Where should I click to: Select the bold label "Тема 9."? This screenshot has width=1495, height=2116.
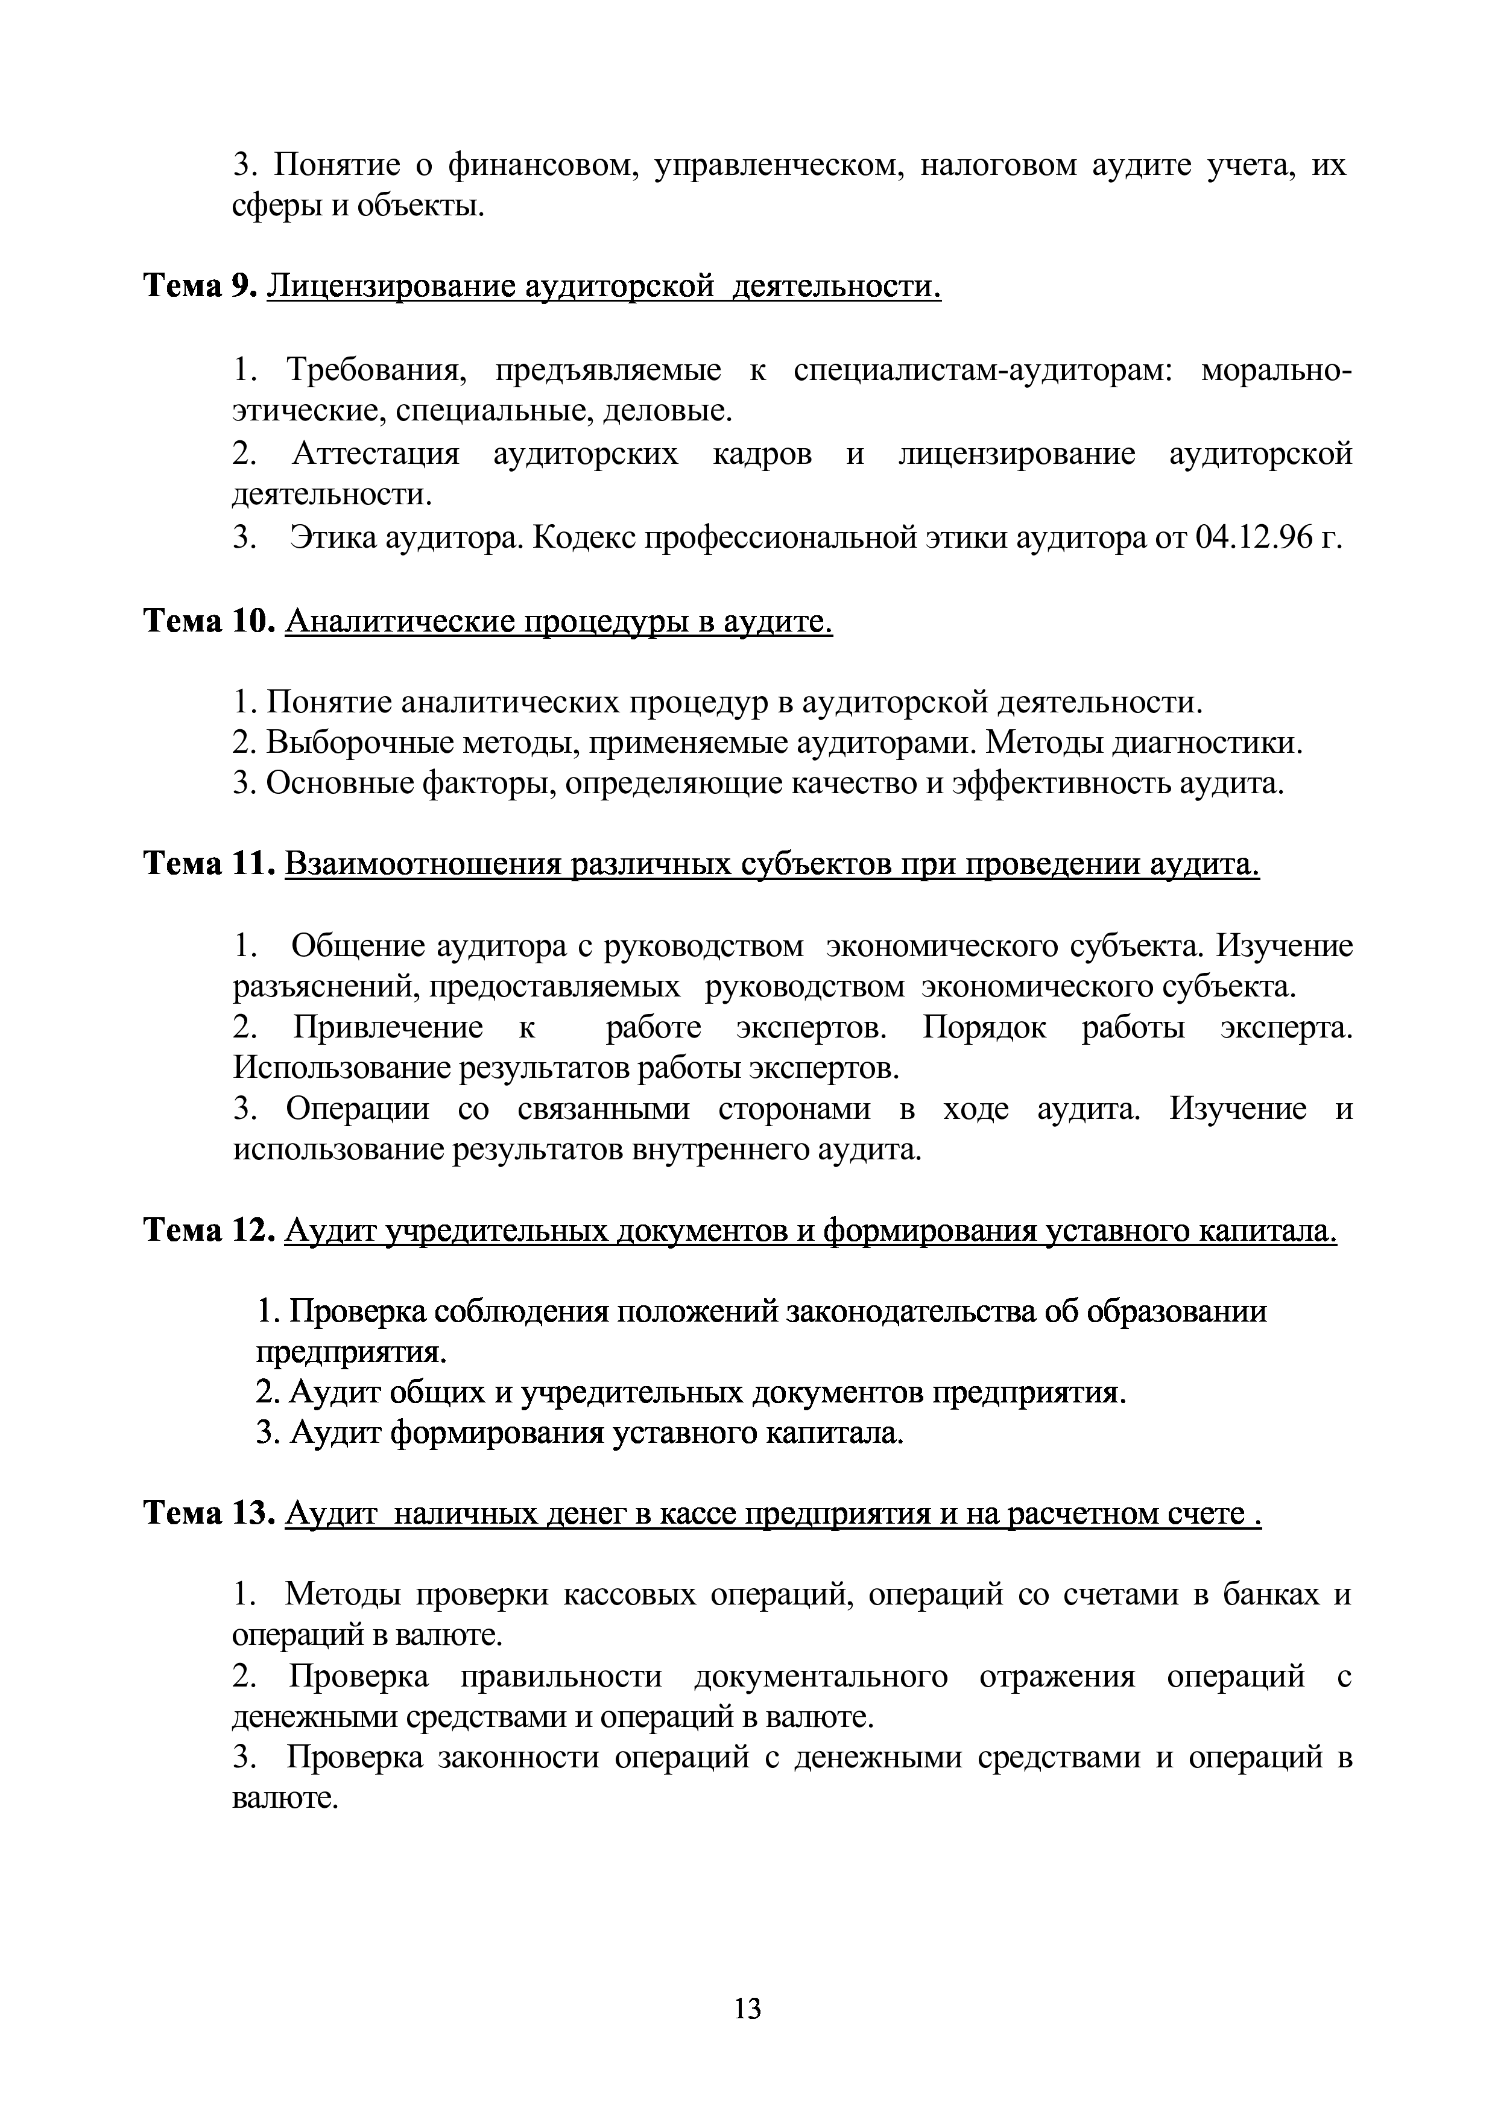pyautogui.click(x=200, y=288)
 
